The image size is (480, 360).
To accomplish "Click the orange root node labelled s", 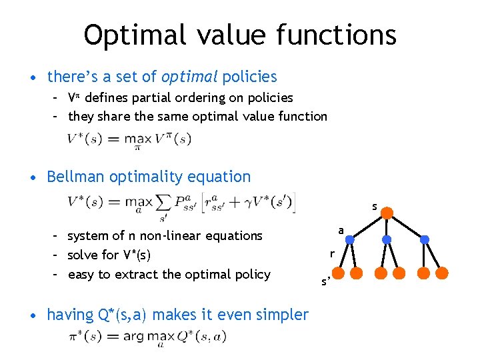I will [x=387, y=214].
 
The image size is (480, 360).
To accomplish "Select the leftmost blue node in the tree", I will [x=349, y=239].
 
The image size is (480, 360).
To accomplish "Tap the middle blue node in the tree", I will [x=387, y=239].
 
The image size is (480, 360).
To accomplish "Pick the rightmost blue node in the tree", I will [x=425, y=239].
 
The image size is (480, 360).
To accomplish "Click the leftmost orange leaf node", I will [x=338, y=273].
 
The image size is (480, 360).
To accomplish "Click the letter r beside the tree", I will [x=331, y=253].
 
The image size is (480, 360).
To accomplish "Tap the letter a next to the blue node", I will [x=341, y=230].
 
